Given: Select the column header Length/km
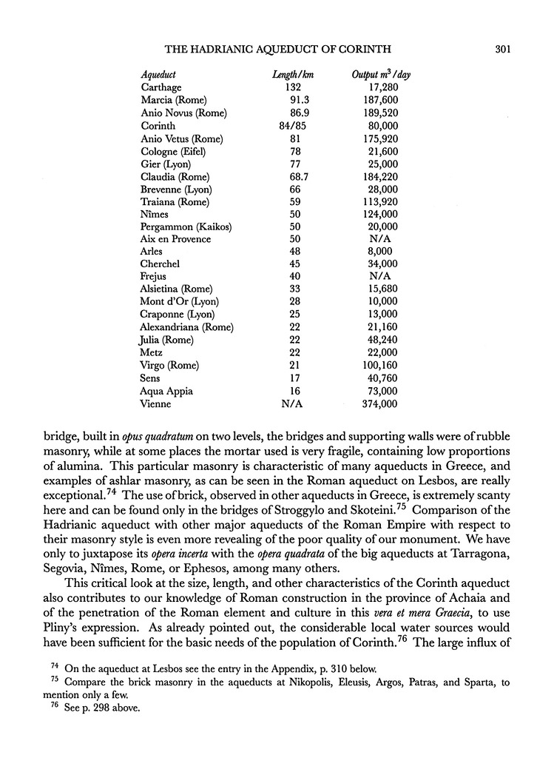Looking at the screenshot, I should point(290,75).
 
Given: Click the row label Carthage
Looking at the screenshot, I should point(161,87).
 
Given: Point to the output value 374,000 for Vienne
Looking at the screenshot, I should point(382,403).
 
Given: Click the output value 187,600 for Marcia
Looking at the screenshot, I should point(382,100).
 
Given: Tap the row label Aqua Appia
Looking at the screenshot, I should point(166,391).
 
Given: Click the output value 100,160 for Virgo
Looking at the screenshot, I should point(382,366).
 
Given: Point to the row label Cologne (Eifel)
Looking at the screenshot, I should point(173,151).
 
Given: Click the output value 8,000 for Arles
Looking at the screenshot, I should point(383,252).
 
